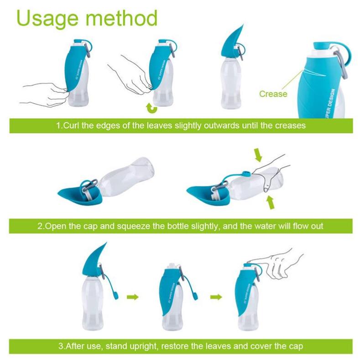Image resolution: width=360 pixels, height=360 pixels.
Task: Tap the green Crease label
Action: (x=273, y=94)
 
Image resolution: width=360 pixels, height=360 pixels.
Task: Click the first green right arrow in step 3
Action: (x=132, y=297)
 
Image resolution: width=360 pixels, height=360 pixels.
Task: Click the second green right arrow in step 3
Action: (x=216, y=297)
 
